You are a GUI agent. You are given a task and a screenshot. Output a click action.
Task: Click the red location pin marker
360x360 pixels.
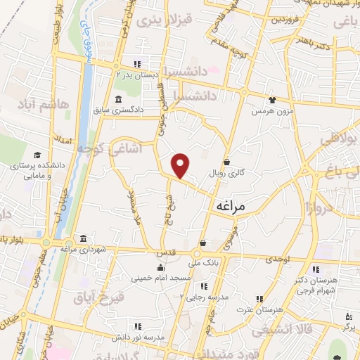(181, 165)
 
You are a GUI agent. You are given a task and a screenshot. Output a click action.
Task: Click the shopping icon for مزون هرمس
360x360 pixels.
(271, 100)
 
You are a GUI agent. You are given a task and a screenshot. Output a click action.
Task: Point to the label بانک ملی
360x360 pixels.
(206, 263)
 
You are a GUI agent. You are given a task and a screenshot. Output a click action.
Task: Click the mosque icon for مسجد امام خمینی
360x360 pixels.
(162, 268)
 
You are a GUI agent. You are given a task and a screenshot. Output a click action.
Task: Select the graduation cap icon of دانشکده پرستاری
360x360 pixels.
(36, 155)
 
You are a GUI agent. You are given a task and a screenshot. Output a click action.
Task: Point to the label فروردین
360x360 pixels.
(287, 19)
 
